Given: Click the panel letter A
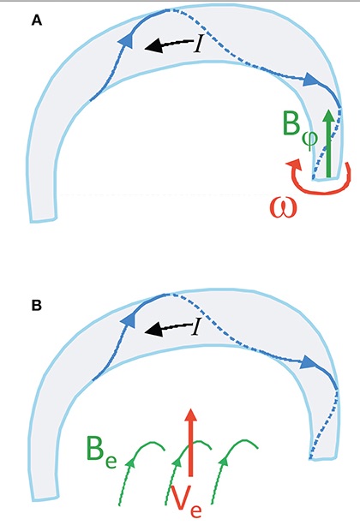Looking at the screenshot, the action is pyautogui.click(x=37, y=21).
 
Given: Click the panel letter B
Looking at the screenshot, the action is pyautogui.click(x=37, y=306).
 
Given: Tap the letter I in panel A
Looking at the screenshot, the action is pyautogui.click(x=199, y=45).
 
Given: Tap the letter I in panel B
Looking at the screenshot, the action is pyautogui.click(x=196, y=327).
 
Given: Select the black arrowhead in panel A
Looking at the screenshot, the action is pyautogui.click(x=153, y=46).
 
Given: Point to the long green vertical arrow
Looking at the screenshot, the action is pyautogui.click(x=329, y=143).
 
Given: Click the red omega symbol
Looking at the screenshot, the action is pyautogui.click(x=284, y=208).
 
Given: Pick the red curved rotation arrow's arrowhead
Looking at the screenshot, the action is pyautogui.click(x=293, y=165).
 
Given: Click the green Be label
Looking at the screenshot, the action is pyautogui.click(x=101, y=450).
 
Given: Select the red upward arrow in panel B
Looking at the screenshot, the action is pyautogui.click(x=191, y=442).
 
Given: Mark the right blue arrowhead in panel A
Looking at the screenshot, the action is pyautogui.click(x=311, y=81).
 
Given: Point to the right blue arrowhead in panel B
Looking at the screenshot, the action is pyautogui.click(x=308, y=362).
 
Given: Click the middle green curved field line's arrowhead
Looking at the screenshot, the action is pyautogui.click(x=177, y=462).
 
